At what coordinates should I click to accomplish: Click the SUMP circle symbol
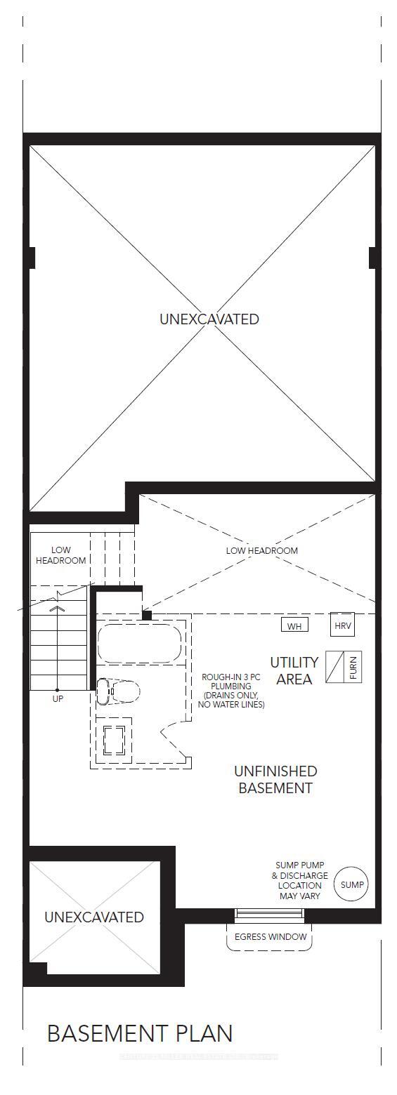click(351, 884)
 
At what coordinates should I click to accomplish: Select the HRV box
click(343, 625)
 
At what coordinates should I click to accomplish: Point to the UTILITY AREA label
click(294, 670)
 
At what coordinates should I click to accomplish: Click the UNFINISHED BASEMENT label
click(275, 779)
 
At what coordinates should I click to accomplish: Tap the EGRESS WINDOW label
click(271, 936)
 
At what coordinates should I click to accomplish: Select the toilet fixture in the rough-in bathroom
click(117, 691)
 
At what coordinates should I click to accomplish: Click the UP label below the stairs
click(58, 699)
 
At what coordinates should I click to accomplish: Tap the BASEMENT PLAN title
click(139, 1033)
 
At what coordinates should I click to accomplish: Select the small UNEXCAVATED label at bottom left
click(94, 917)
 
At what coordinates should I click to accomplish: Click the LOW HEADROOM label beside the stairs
click(60, 555)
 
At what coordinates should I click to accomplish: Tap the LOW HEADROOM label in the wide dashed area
click(261, 550)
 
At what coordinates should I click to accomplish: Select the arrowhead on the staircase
click(59, 608)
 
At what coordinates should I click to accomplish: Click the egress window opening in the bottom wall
click(270, 913)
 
